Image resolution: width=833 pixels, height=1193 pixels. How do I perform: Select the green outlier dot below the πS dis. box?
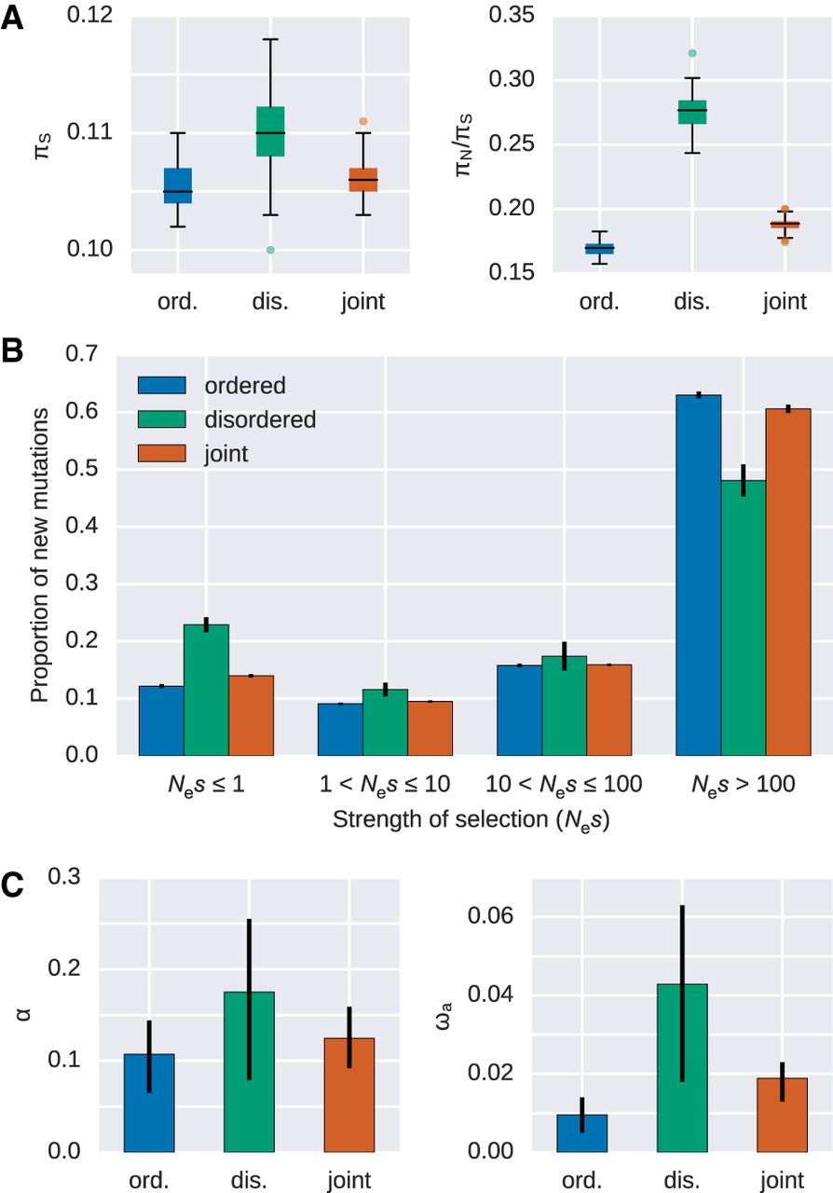coord(270,250)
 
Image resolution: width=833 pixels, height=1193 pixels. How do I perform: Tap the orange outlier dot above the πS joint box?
coord(363,121)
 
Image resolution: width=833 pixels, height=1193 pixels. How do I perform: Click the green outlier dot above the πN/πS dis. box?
coord(692,53)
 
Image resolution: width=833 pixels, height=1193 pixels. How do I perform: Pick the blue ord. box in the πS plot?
coord(177,185)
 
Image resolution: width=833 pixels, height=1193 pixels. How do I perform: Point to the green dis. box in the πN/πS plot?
coord(692,111)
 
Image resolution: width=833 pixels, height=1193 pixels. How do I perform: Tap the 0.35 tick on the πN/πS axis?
coord(511,16)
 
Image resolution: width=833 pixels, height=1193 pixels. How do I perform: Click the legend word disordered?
coord(262,419)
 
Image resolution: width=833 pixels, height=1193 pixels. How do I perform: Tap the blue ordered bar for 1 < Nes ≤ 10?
coord(340,729)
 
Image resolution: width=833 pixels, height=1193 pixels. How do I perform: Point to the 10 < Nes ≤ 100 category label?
coord(564,785)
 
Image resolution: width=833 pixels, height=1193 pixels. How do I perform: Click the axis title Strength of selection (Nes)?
coord(466,821)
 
